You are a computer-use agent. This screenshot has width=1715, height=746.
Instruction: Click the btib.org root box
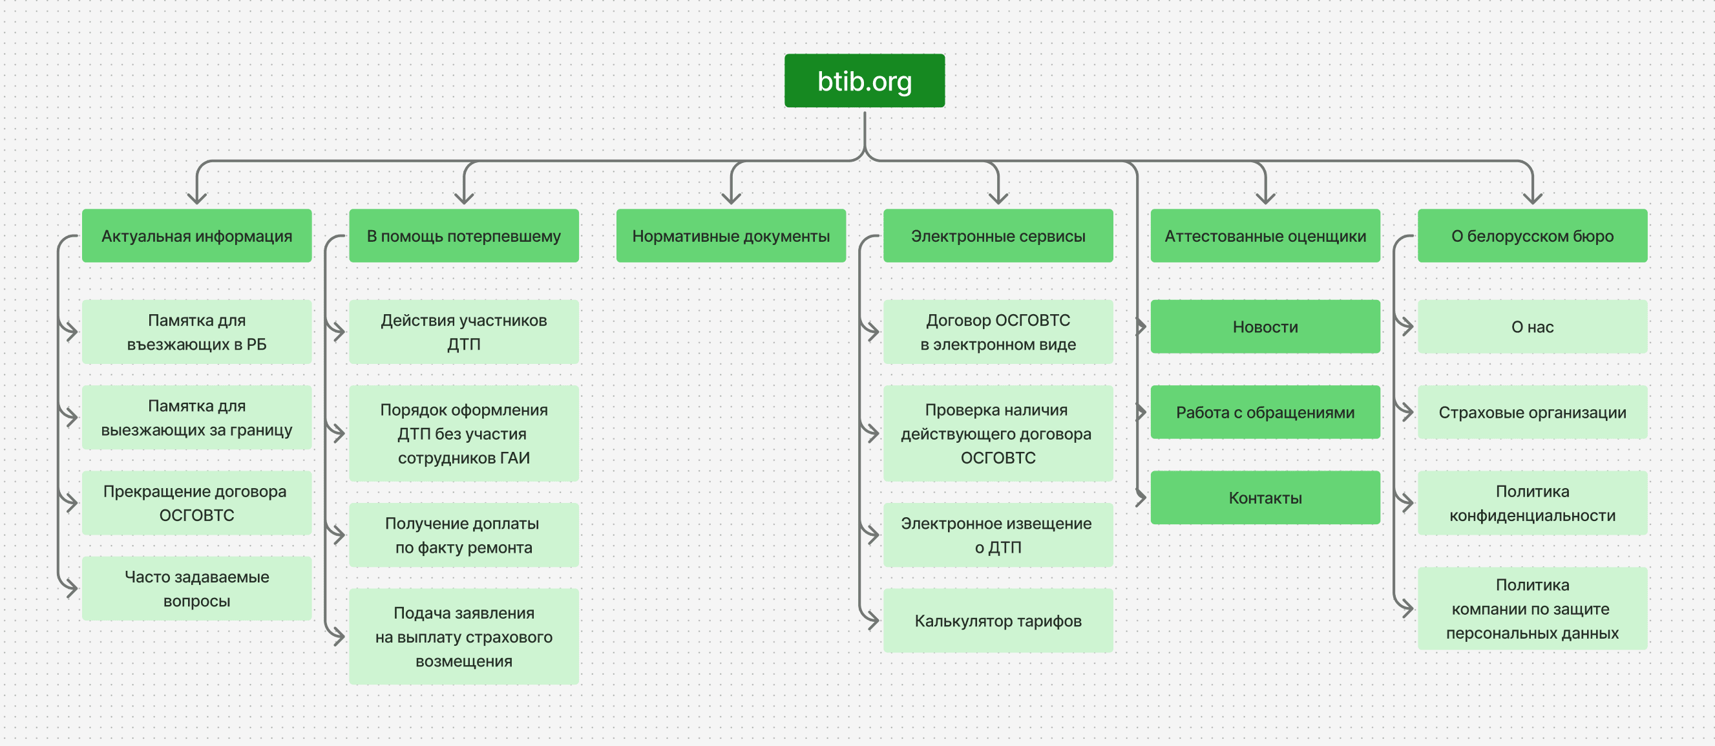point(864,81)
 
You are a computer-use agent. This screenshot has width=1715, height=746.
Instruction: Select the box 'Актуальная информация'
point(196,236)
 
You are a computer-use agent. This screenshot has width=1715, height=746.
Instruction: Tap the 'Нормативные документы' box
point(731,236)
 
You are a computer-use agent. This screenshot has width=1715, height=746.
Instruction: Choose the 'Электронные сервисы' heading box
point(998,236)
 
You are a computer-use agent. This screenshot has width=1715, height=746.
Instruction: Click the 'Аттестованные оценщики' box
point(1265,236)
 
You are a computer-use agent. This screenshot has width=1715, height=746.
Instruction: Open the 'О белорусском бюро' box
point(1533,236)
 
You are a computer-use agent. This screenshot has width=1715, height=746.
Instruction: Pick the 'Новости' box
point(1265,326)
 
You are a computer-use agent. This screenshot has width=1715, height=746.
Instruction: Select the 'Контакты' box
point(1265,498)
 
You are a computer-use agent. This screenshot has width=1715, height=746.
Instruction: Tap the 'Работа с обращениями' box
point(1265,412)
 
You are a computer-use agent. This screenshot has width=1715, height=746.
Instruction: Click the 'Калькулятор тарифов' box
point(998,621)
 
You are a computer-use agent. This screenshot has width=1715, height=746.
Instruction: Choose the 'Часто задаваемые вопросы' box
point(196,589)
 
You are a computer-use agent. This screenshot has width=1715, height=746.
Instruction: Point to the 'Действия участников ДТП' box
point(464,332)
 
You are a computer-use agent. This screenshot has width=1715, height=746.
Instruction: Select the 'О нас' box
point(1533,326)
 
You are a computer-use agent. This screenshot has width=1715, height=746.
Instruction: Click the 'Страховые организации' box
point(1533,412)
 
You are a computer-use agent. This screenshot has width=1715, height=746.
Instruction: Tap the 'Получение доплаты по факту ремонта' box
point(464,535)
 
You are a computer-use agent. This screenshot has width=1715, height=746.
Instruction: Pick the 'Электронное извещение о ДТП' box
point(998,535)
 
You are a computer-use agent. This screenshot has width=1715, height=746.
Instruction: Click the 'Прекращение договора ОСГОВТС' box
point(196,503)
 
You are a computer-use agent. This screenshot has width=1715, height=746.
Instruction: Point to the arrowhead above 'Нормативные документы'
point(731,198)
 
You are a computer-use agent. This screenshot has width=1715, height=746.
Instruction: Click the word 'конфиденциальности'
point(1533,515)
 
